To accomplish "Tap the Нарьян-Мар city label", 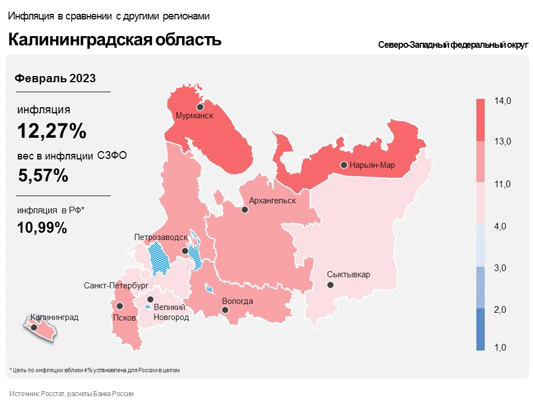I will pos(371,165).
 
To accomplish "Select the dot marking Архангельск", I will pos(244,210).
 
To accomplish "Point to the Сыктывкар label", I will pos(348,274).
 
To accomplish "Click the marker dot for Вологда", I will pos(225,311).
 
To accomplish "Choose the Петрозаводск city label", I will pos(161,237).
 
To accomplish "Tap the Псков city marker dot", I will pos(119,306).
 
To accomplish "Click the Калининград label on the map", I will pos(54,318).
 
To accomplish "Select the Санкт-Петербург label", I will pos(116,286).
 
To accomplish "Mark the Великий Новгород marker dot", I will pos(150,299).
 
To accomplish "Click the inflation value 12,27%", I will pos(52,131).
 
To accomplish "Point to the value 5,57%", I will pos(43,176).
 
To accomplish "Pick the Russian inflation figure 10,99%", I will pos(42,227).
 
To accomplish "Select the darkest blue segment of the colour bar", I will pos(481,329).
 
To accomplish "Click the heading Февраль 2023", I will pos(54,78).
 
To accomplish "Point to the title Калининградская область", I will pos(114,40).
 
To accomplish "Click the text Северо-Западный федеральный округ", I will pos(452,45).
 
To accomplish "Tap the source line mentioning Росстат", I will pos(72,393).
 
